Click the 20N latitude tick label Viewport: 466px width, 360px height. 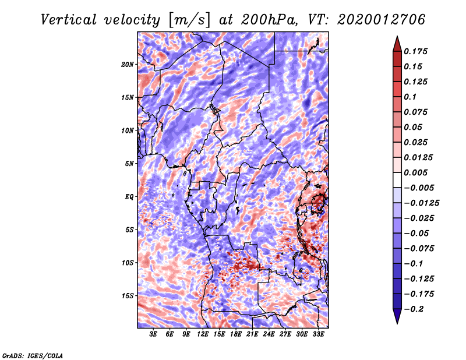click(x=128, y=64)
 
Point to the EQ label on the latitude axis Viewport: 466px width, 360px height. click(x=129, y=197)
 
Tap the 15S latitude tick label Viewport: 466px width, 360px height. click(x=128, y=296)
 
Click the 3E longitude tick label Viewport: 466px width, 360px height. click(x=154, y=334)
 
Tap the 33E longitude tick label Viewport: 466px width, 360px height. click(x=319, y=334)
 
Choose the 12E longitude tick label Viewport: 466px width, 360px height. click(x=203, y=334)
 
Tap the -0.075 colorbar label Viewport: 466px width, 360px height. click(x=420, y=248)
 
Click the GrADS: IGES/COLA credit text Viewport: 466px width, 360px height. click(x=33, y=355)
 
